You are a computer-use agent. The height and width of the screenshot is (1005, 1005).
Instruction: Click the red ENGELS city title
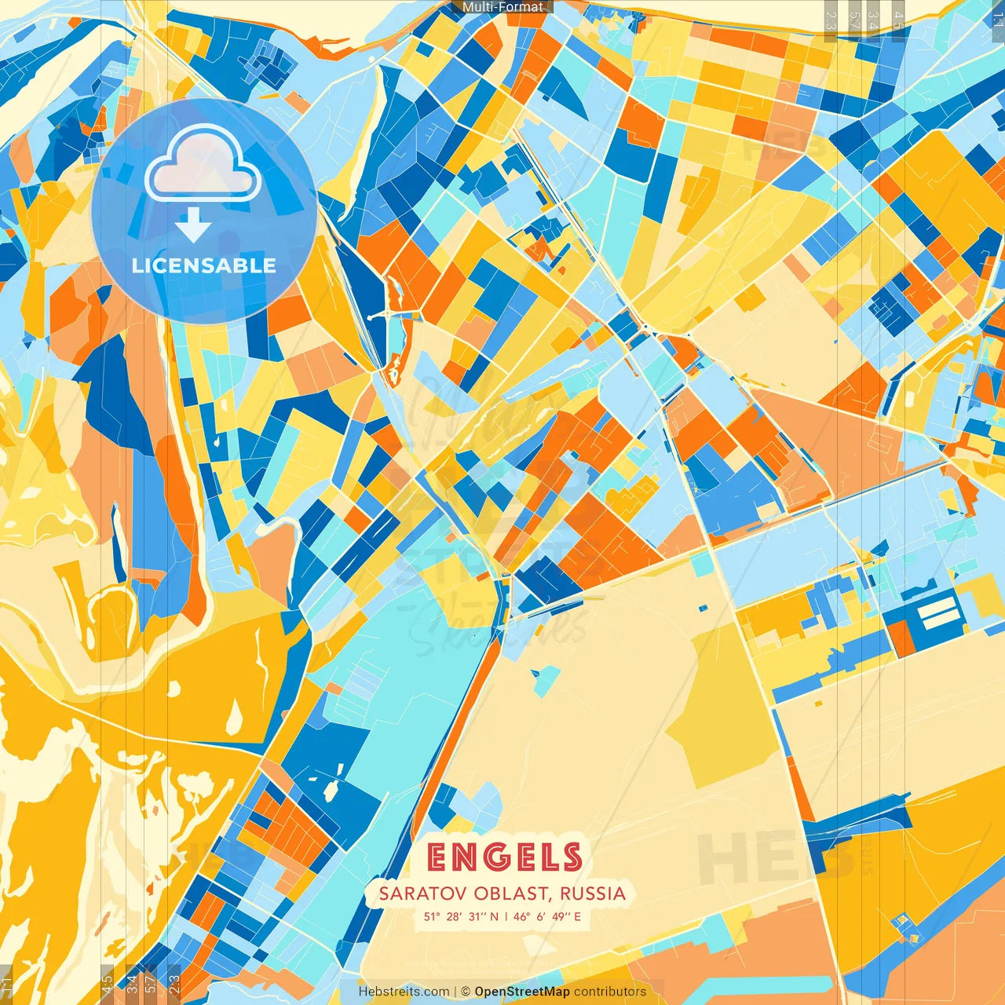504,857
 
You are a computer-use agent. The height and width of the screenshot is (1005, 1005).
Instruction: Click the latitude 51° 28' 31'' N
461,916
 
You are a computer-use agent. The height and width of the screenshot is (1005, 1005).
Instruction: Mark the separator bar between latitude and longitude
506,916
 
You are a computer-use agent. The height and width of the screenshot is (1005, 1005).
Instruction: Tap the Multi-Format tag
502,7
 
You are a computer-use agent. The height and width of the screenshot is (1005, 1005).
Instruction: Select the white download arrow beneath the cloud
193,225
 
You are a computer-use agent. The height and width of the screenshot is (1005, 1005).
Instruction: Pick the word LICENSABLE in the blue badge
204,265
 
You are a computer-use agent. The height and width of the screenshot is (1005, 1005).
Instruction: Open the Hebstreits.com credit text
404,992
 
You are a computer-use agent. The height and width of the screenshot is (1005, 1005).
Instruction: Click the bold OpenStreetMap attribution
522,992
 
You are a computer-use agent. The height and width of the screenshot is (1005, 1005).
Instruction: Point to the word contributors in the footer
610,992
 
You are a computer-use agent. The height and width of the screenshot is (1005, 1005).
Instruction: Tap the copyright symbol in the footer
466,992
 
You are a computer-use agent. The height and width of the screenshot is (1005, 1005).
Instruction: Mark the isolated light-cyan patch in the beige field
546,679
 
